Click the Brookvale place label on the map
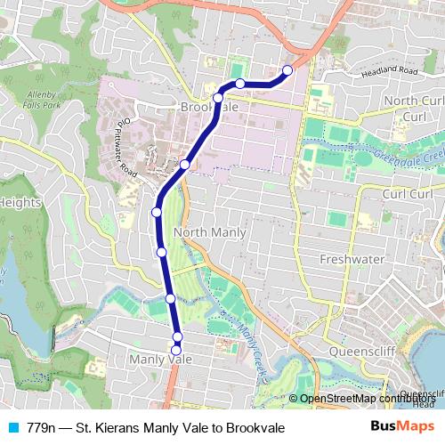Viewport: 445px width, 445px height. click(x=211, y=107)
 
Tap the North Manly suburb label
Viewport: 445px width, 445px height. click(x=210, y=232)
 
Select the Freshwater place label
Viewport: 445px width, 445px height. click(x=352, y=259)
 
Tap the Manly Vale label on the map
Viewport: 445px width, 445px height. click(x=160, y=359)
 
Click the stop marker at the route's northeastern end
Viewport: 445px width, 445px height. click(x=287, y=69)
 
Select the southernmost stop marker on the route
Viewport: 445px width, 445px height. click(x=177, y=350)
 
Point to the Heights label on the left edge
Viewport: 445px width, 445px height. click(x=20, y=202)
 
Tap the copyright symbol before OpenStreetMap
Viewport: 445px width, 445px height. click(x=293, y=399)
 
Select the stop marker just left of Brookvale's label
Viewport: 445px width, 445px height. click(x=218, y=98)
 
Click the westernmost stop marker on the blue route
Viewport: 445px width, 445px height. click(x=157, y=212)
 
